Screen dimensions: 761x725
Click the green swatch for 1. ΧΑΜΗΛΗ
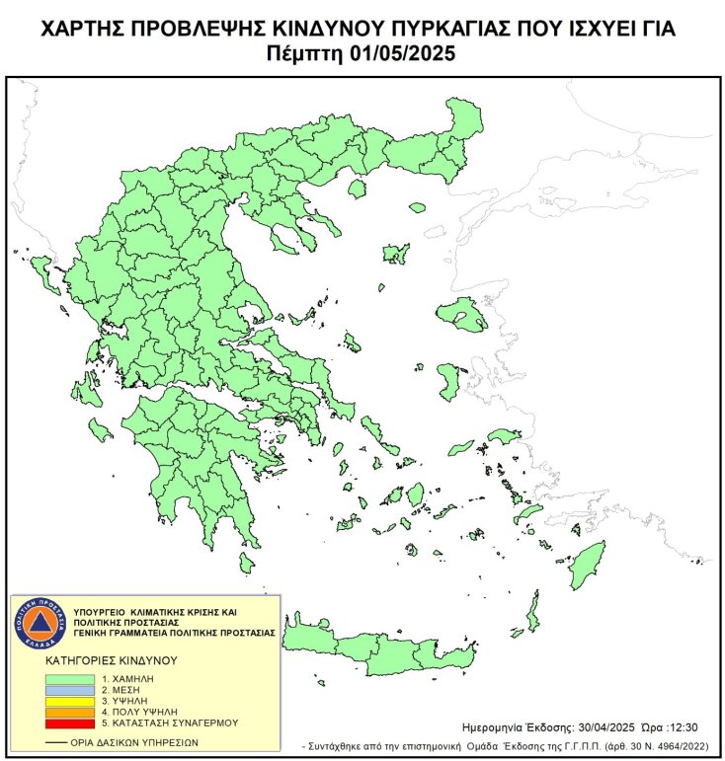click(69, 680)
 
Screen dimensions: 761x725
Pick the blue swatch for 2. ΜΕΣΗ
click(69, 691)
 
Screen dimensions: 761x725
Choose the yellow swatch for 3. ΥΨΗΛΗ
click(69, 702)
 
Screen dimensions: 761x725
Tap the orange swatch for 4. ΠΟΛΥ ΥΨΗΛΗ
click(69, 712)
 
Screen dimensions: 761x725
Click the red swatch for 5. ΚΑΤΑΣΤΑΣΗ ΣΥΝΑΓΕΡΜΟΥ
click(69, 723)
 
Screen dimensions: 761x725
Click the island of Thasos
click(358, 185)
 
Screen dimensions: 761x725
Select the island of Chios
click(449, 379)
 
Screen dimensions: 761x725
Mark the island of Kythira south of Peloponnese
click(246, 563)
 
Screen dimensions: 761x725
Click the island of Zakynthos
click(100, 429)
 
